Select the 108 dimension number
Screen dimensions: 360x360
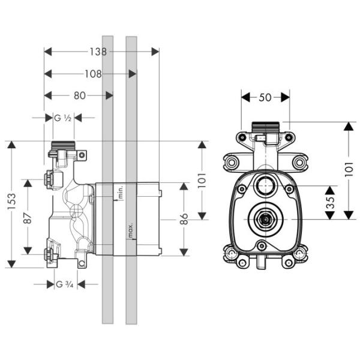[92, 74]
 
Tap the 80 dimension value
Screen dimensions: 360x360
[78, 95]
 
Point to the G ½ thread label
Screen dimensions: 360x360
[63, 118]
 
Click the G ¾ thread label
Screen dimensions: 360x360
[64, 284]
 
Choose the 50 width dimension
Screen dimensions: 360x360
[265, 97]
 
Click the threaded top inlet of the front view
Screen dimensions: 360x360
[265, 128]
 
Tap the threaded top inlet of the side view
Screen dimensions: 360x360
[62, 145]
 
